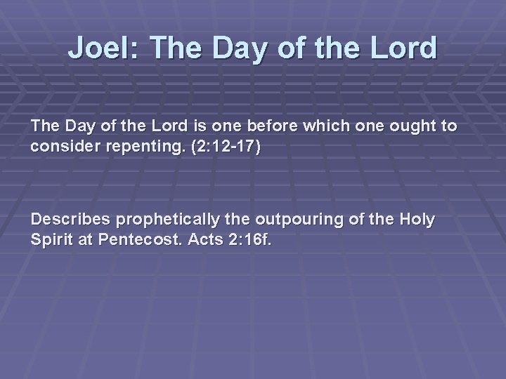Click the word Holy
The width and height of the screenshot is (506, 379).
click(417, 220)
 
